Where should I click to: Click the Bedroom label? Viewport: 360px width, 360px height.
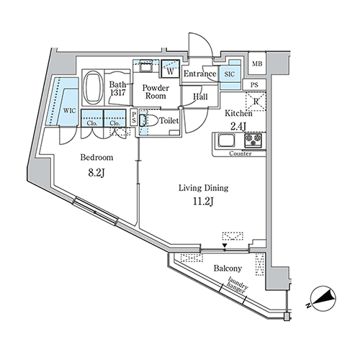pos(96,158)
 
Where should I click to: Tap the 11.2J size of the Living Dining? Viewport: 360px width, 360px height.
pos(203,202)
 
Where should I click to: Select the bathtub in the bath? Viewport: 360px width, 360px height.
pos(93,88)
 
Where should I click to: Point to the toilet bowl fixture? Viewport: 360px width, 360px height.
pos(149,120)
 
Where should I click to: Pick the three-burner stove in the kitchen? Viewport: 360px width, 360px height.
pos(253,140)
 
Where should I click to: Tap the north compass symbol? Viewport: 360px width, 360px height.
pos(323,298)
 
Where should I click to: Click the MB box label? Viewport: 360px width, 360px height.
pos(257,64)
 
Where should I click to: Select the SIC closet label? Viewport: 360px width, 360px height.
pos(230,74)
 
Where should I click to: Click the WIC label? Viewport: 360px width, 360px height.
pos(70,111)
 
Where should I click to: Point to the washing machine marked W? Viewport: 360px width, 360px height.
pos(170,68)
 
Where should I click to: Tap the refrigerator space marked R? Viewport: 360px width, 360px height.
pos(256,102)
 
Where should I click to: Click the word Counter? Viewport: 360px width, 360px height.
pos(240,153)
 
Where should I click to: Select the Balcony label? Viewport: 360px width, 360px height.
pos(228,269)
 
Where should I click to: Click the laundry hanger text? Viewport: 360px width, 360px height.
pos(237,285)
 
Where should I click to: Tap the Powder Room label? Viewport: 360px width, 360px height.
pos(156,92)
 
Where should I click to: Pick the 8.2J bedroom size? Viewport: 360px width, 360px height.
pos(96,173)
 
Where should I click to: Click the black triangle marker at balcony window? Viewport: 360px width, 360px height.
pos(225,246)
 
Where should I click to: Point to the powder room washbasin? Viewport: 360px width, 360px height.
pos(145,66)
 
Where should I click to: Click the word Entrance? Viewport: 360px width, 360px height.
pos(200,73)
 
